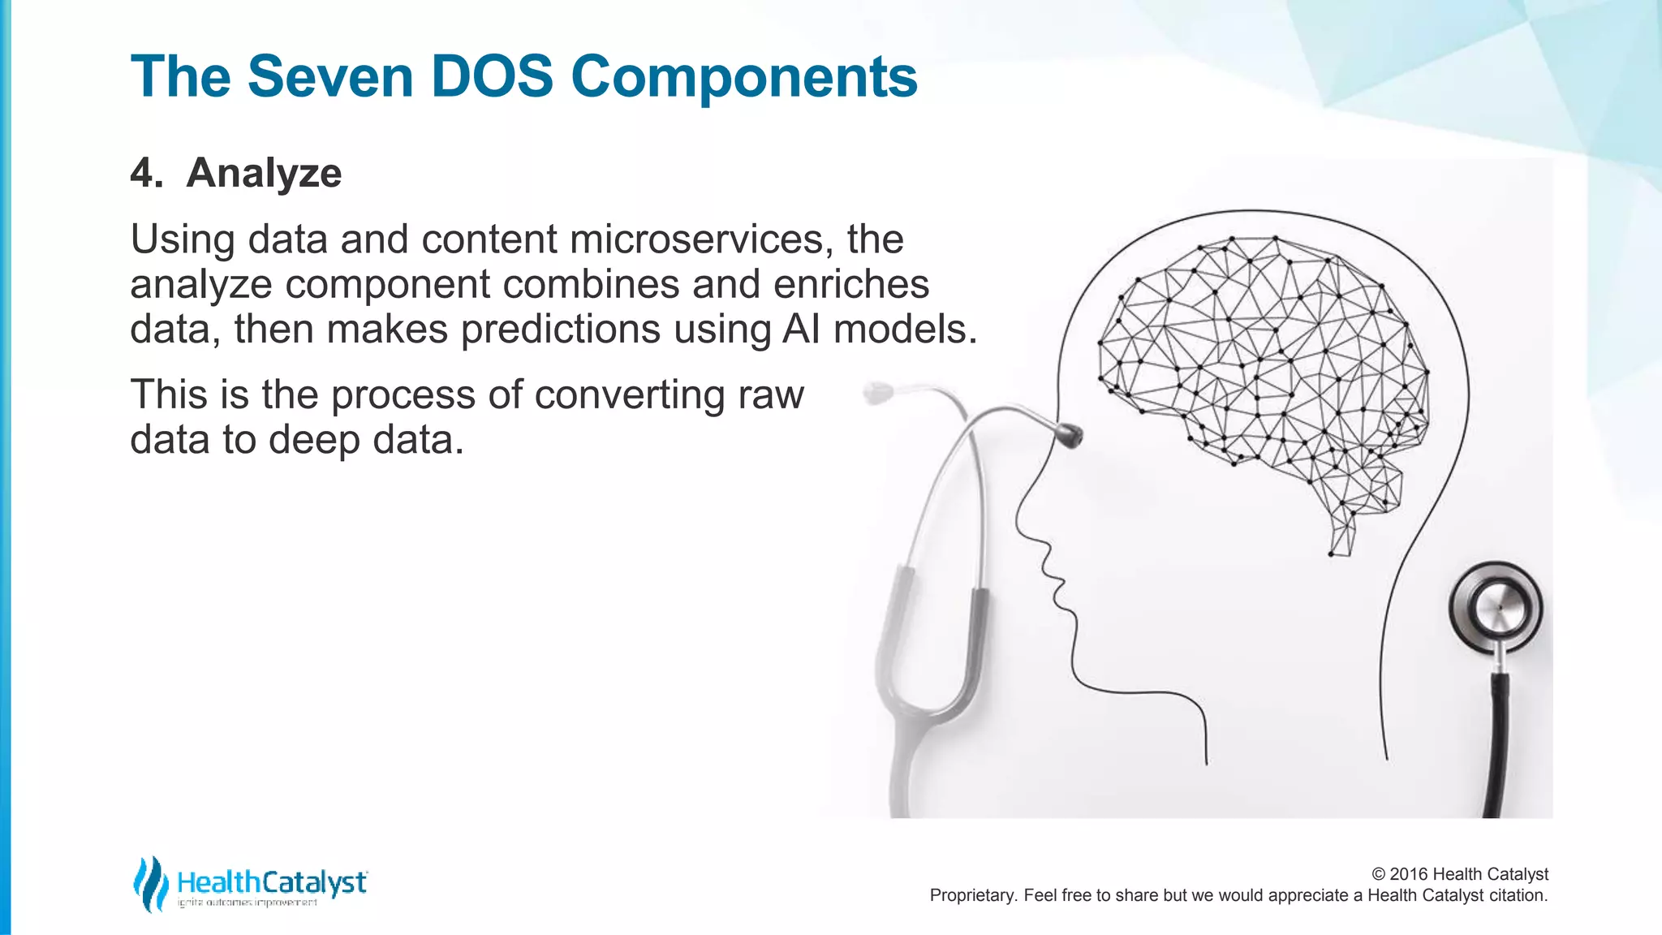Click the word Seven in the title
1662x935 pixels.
[x=329, y=77]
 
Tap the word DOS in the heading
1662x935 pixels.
[x=492, y=77]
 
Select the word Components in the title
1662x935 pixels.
[x=743, y=77]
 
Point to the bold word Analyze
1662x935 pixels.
[x=264, y=173]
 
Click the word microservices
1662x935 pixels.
[x=701, y=239]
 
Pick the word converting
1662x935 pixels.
[x=630, y=395]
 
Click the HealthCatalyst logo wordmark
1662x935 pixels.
[x=272, y=882]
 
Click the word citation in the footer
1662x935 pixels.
[x=1517, y=895]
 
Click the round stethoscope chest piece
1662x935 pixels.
[x=1495, y=608]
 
